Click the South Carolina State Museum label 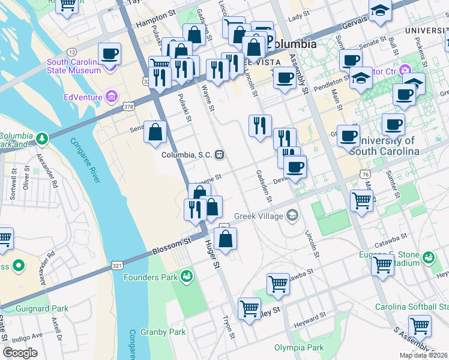click(74, 66)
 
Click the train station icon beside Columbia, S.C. click(221, 155)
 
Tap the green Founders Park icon click(187, 276)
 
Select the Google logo click(20, 353)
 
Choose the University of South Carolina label click(384, 146)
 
